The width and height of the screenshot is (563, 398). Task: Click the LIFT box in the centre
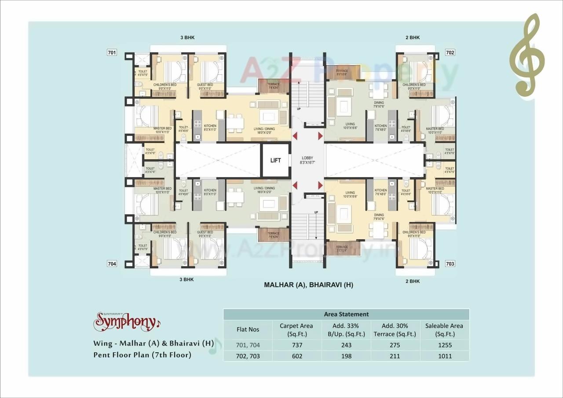pyautogui.click(x=275, y=161)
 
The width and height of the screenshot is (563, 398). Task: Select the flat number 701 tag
pyautogui.click(x=112, y=53)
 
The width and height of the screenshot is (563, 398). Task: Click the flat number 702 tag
pyautogui.click(x=450, y=52)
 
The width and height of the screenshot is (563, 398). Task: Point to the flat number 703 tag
pyautogui.click(x=450, y=264)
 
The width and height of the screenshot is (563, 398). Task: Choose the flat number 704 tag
pyautogui.click(x=112, y=264)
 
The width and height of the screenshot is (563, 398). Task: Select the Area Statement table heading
pyautogui.click(x=346, y=314)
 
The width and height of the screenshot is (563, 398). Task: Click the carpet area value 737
pyautogui.click(x=297, y=345)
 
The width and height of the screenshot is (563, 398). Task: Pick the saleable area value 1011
pyautogui.click(x=444, y=356)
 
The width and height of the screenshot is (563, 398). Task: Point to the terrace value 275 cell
pyautogui.click(x=395, y=345)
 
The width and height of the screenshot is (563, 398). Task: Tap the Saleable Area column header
pyautogui.click(x=444, y=329)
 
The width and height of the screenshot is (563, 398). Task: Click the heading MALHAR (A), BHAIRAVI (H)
pyautogui.click(x=308, y=285)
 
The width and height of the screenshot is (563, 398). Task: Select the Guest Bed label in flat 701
pyautogui.click(x=205, y=85)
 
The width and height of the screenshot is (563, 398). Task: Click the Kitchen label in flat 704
pyautogui.click(x=210, y=190)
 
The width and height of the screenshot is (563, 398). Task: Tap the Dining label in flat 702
pyautogui.click(x=379, y=103)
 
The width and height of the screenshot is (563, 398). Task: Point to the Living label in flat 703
pyautogui.click(x=350, y=193)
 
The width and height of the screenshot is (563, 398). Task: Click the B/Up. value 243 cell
pyautogui.click(x=347, y=345)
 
